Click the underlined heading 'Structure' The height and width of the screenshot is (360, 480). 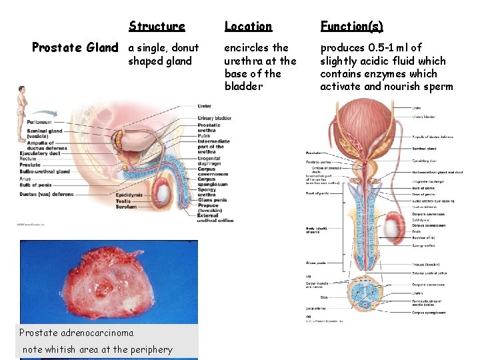(x=157, y=26)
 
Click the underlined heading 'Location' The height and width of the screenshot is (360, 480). (x=248, y=26)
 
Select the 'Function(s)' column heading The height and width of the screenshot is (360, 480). (x=351, y=26)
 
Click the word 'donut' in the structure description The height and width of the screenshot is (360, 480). (x=185, y=48)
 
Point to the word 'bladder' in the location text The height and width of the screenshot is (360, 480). (x=243, y=87)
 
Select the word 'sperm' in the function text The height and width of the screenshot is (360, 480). (x=437, y=87)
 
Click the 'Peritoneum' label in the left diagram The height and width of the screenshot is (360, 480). (x=39, y=122)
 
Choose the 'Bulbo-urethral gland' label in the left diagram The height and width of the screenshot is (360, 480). (x=45, y=171)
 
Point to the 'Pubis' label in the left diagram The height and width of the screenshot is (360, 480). (x=204, y=136)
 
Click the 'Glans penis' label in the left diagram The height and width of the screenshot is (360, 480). (x=212, y=200)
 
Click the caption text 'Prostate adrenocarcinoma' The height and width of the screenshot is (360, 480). (x=76, y=333)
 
